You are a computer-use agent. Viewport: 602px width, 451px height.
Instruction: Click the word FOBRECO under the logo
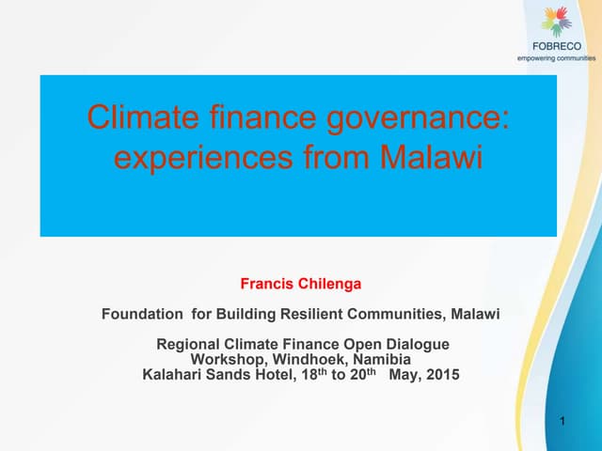point(558,46)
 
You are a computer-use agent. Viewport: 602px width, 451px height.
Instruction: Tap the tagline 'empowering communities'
point(557,57)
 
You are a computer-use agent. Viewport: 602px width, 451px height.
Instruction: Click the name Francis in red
point(266,283)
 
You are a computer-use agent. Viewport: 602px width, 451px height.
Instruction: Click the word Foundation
point(142,314)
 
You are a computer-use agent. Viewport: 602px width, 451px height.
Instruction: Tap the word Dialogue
point(416,344)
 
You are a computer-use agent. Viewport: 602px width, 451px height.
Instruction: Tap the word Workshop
point(226,360)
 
